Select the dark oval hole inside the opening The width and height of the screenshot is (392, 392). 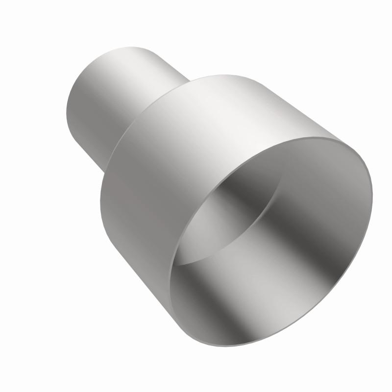[230, 216]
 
